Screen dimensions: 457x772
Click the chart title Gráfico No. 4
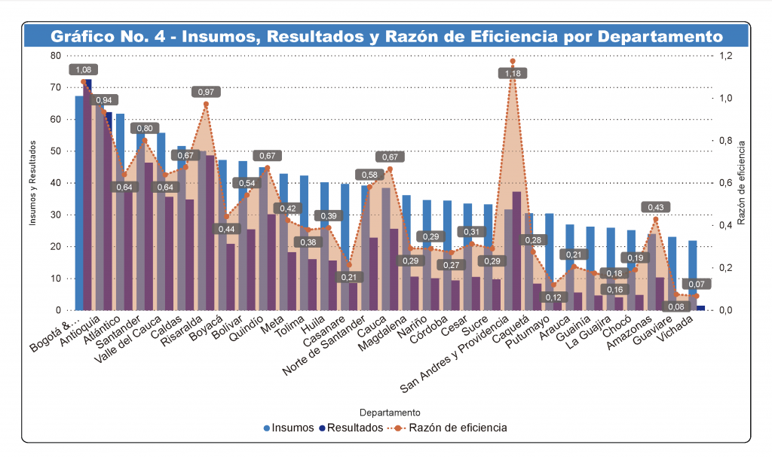coord(386,36)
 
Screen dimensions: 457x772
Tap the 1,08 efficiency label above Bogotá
coord(84,69)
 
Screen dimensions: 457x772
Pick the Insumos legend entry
coord(289,428)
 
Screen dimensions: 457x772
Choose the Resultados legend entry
coord(353,428)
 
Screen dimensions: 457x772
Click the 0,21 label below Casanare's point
coord(348,277)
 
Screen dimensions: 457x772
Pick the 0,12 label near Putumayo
coord(555,297)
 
